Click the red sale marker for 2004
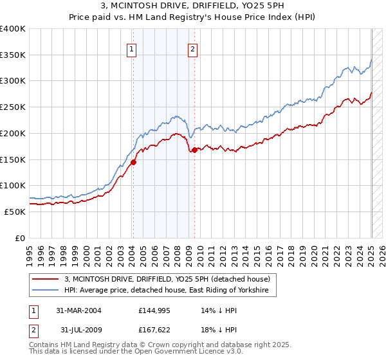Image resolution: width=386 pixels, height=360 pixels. pos(133,163)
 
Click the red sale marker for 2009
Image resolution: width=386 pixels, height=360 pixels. pos(194,150)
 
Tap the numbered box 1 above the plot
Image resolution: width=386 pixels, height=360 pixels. pos(131,48)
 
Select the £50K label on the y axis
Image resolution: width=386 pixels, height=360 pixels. pos(15,212)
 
